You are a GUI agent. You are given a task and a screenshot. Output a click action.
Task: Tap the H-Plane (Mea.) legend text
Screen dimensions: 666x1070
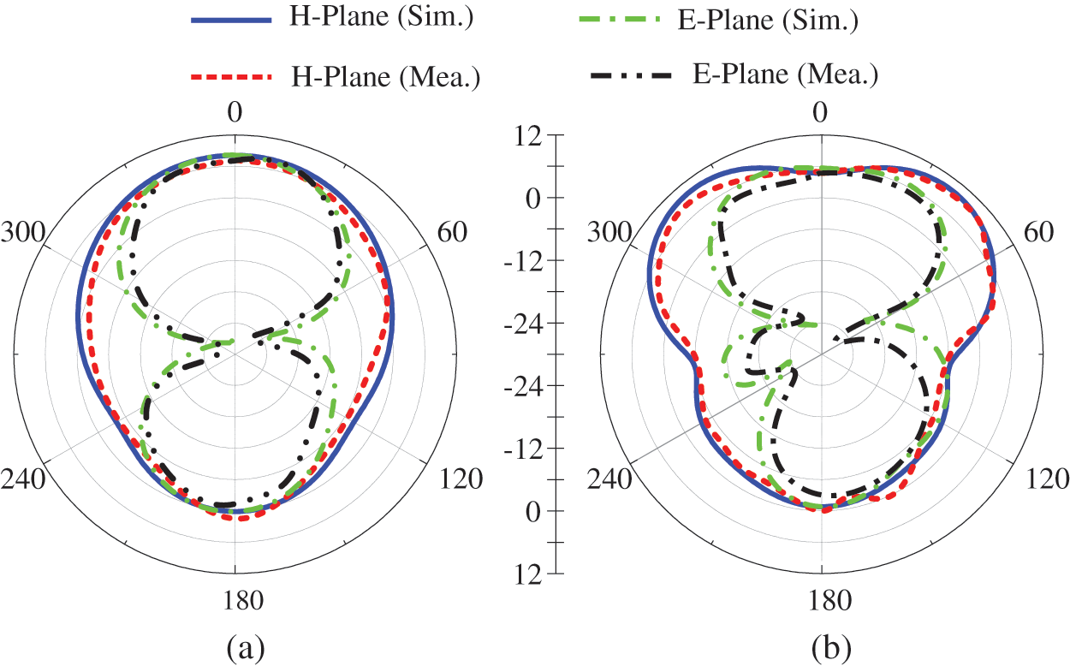(384, 77)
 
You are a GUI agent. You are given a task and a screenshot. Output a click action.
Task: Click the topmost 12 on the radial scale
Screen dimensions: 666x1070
(530, 135)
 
